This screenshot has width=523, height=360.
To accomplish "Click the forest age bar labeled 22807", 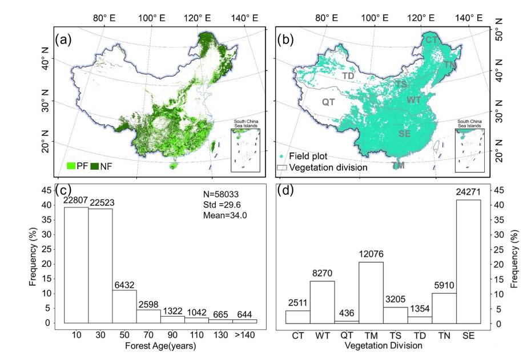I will point(76,265).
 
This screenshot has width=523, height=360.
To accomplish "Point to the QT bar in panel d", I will point(347,322).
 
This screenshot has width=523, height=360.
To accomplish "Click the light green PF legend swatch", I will point(71,166).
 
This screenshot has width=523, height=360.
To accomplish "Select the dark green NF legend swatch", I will point(93,166).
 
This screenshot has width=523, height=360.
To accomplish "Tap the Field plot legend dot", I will point(282,156).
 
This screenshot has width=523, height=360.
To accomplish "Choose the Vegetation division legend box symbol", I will point(282,168).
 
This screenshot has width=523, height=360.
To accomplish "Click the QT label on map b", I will point(328,102).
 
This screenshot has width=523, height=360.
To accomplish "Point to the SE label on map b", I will point(404,134).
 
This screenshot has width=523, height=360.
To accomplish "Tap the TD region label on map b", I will point(348,75).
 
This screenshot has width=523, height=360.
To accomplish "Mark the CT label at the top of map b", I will point(431,39).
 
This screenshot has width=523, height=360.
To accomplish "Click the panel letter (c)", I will point(63,190).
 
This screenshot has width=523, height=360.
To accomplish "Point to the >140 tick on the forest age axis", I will point(244,334).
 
